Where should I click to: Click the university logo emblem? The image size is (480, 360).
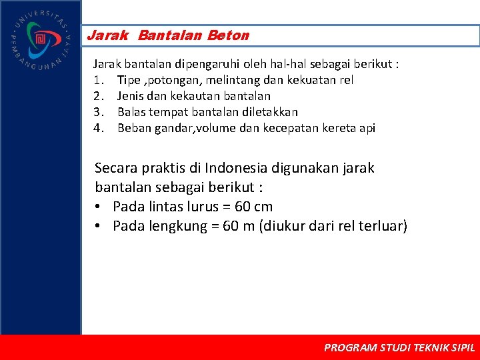click(40, 39)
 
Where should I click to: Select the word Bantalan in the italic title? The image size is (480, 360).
click(171, 35)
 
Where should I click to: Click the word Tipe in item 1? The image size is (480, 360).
click(129, 80)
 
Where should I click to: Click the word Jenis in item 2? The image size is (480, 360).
click(131, 96)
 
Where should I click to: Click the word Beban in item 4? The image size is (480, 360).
click(133, 128)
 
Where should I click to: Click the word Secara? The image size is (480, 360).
click(117, 168)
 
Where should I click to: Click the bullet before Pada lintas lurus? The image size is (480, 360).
click(99, 207)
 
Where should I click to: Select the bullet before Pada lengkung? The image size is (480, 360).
click(99, 226)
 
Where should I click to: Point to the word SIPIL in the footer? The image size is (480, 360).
click(463, 347)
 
